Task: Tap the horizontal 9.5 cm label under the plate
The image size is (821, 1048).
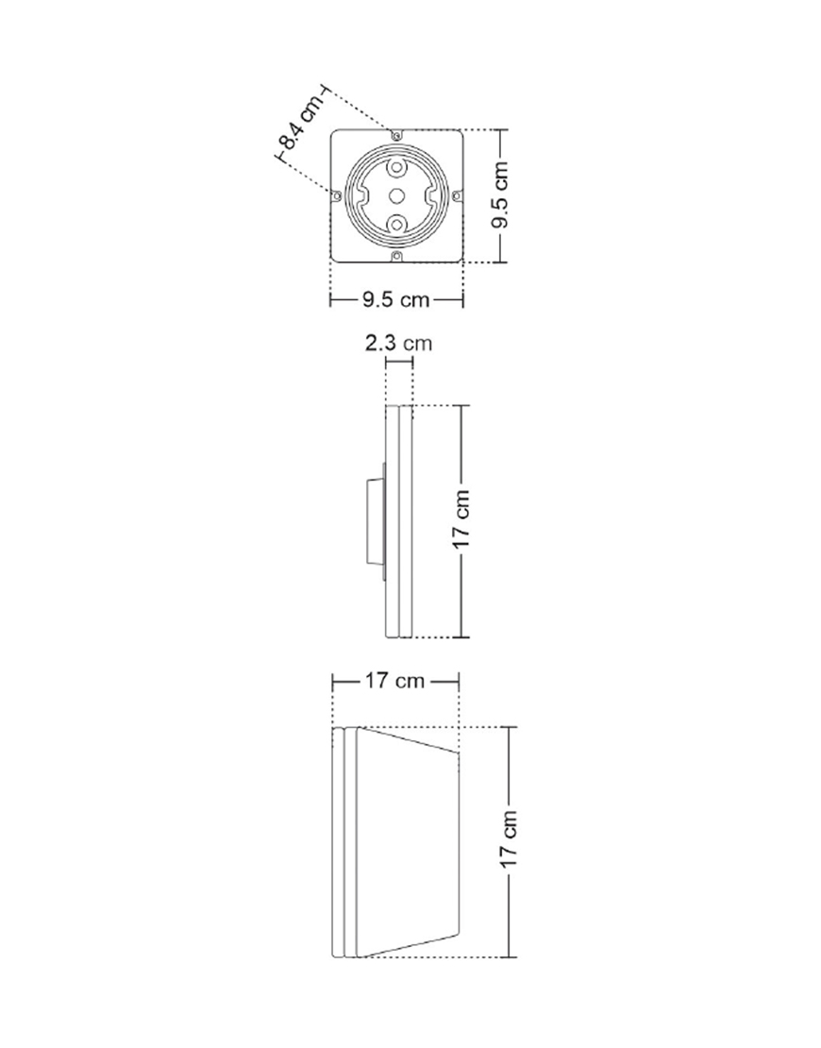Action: [x=396, y=299]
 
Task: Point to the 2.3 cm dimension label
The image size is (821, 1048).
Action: [x=399, y=344]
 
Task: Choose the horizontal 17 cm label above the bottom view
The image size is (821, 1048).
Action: [x=394, y=681]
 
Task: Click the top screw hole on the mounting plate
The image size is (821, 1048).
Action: [x=397, y=136]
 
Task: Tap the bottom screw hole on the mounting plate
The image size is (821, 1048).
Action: [x=397, y=256]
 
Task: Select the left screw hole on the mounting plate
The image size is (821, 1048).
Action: [x=337, y=195]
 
